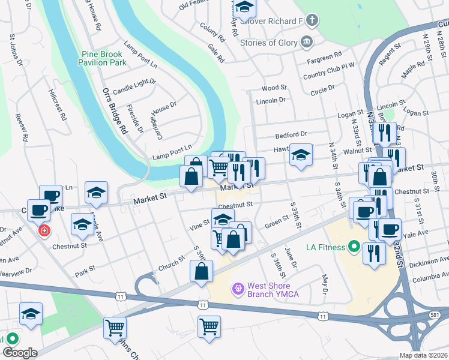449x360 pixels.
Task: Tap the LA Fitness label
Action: coord(325,247)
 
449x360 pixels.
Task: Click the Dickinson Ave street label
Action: coord(431,260)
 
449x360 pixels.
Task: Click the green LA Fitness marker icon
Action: coord(354,247)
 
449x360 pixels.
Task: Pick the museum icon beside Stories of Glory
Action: coord(307,41)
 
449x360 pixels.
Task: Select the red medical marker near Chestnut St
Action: coord(44,231)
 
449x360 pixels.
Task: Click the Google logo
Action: coord(19,353)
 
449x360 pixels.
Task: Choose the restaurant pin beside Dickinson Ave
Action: coord(374,252)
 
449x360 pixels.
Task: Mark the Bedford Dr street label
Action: coord(291,134)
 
